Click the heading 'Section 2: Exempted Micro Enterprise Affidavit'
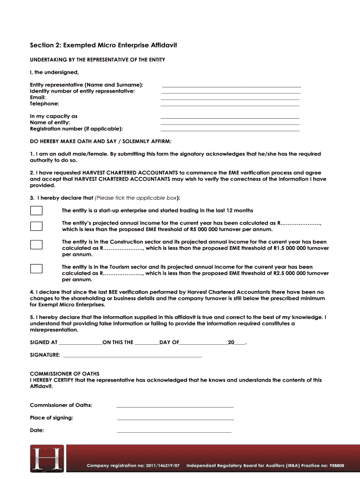[103, 45]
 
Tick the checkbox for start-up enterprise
[36, 210]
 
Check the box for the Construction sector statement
[36, 245]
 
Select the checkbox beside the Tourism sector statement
[36, 269]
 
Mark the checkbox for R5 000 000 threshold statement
[36, 226]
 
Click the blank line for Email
[230, 99]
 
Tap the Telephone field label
[44, 104]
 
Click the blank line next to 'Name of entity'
[230, 124]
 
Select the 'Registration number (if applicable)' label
[76, 129]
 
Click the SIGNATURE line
[132, 357]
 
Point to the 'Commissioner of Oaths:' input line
[175, 407]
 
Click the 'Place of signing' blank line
[175, 420]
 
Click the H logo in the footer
[47, 458]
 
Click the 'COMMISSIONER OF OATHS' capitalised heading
[65, 374]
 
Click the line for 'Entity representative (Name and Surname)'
[231, 87]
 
